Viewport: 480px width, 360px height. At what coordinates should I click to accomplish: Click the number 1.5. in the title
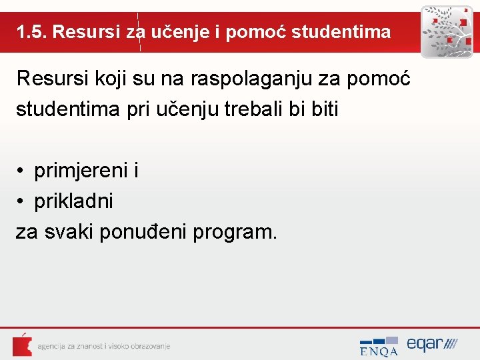click(x=31, y=32)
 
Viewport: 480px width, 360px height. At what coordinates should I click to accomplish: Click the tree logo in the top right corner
click(x=446, y=32)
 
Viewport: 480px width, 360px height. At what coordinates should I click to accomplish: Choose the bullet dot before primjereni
click(x=21, y=172)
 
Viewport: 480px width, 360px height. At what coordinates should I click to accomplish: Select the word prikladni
click(x=73, y=201)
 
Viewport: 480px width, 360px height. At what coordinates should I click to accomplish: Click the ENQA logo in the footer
click(x=379, y=345)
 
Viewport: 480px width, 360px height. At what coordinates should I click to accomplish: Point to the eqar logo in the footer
click(x=431, y=345)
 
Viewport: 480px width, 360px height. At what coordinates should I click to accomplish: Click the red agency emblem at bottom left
click(x=21, y=345)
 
